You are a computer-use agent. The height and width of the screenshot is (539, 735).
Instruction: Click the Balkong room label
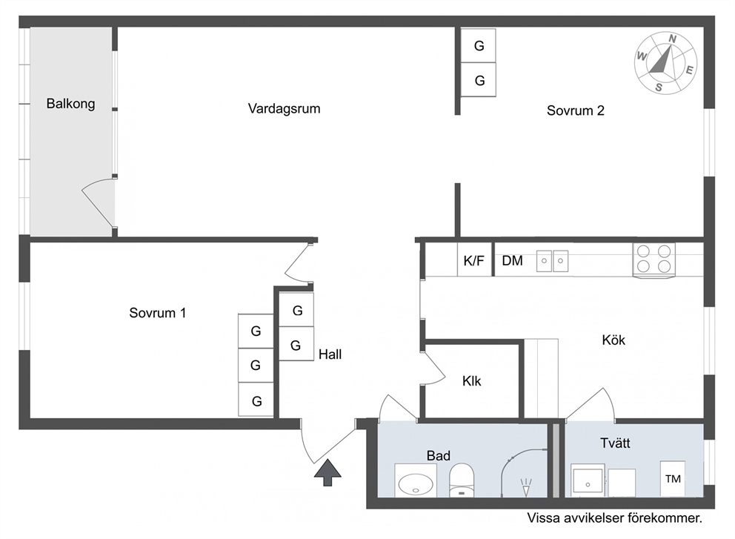71,104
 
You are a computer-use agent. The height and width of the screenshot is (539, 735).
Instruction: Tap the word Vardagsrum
284,109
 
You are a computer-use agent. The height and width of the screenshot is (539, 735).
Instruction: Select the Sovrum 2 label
576,110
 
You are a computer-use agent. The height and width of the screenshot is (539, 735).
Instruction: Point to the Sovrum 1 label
158,313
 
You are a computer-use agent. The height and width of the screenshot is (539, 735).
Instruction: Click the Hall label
330,354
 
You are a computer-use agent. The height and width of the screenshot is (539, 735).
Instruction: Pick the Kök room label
613,340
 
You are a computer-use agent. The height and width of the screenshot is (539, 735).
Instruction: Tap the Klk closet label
471,381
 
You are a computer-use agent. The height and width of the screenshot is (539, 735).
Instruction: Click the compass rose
665,63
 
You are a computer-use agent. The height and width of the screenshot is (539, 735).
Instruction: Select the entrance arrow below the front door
327,472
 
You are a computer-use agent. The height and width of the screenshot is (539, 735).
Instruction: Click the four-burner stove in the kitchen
654,259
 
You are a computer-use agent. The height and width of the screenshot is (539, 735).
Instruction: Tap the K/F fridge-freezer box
474,259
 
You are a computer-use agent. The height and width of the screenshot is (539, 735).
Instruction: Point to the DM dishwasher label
512,261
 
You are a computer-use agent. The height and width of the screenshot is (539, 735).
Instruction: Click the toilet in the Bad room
462,480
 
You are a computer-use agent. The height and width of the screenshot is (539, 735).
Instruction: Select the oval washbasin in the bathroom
416,483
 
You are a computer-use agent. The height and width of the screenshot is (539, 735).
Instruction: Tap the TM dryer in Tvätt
673,478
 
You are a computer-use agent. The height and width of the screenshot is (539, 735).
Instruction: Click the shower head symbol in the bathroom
526,488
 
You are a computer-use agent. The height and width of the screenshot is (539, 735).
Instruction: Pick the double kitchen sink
552,261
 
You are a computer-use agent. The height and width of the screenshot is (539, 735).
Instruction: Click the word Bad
439,455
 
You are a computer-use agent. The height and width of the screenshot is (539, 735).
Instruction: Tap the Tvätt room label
615,443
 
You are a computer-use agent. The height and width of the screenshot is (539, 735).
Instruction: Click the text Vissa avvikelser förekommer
614,518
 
